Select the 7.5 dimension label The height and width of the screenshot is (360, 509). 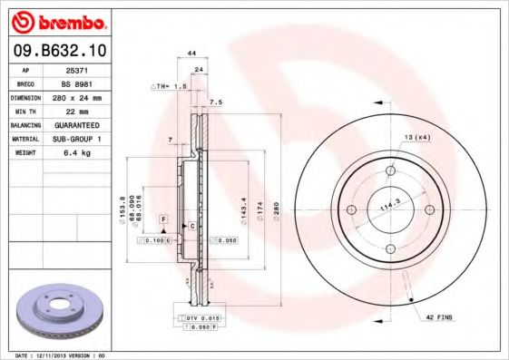[217, 102]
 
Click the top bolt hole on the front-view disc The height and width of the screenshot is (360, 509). [390, 170]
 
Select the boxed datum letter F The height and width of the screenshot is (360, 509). [164, 219]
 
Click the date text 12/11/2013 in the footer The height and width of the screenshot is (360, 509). [64, 355]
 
